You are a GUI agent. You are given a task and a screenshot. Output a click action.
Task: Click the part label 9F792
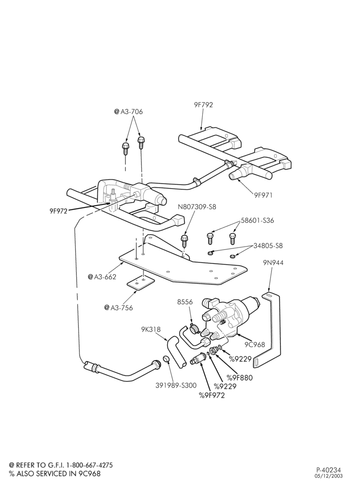203,105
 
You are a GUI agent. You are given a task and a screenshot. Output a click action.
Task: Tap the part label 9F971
263,195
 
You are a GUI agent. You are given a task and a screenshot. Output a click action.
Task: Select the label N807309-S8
197,207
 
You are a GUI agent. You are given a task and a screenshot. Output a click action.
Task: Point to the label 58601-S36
258,220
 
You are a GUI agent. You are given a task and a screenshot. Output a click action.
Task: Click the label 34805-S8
268,246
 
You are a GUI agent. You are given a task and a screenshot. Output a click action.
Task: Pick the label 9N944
273,263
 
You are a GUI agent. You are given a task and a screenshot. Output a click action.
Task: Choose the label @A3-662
102,277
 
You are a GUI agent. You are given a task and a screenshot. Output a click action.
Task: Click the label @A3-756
119,307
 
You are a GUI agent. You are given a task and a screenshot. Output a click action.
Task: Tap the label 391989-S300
176,385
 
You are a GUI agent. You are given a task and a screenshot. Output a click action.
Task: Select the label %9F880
240,378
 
